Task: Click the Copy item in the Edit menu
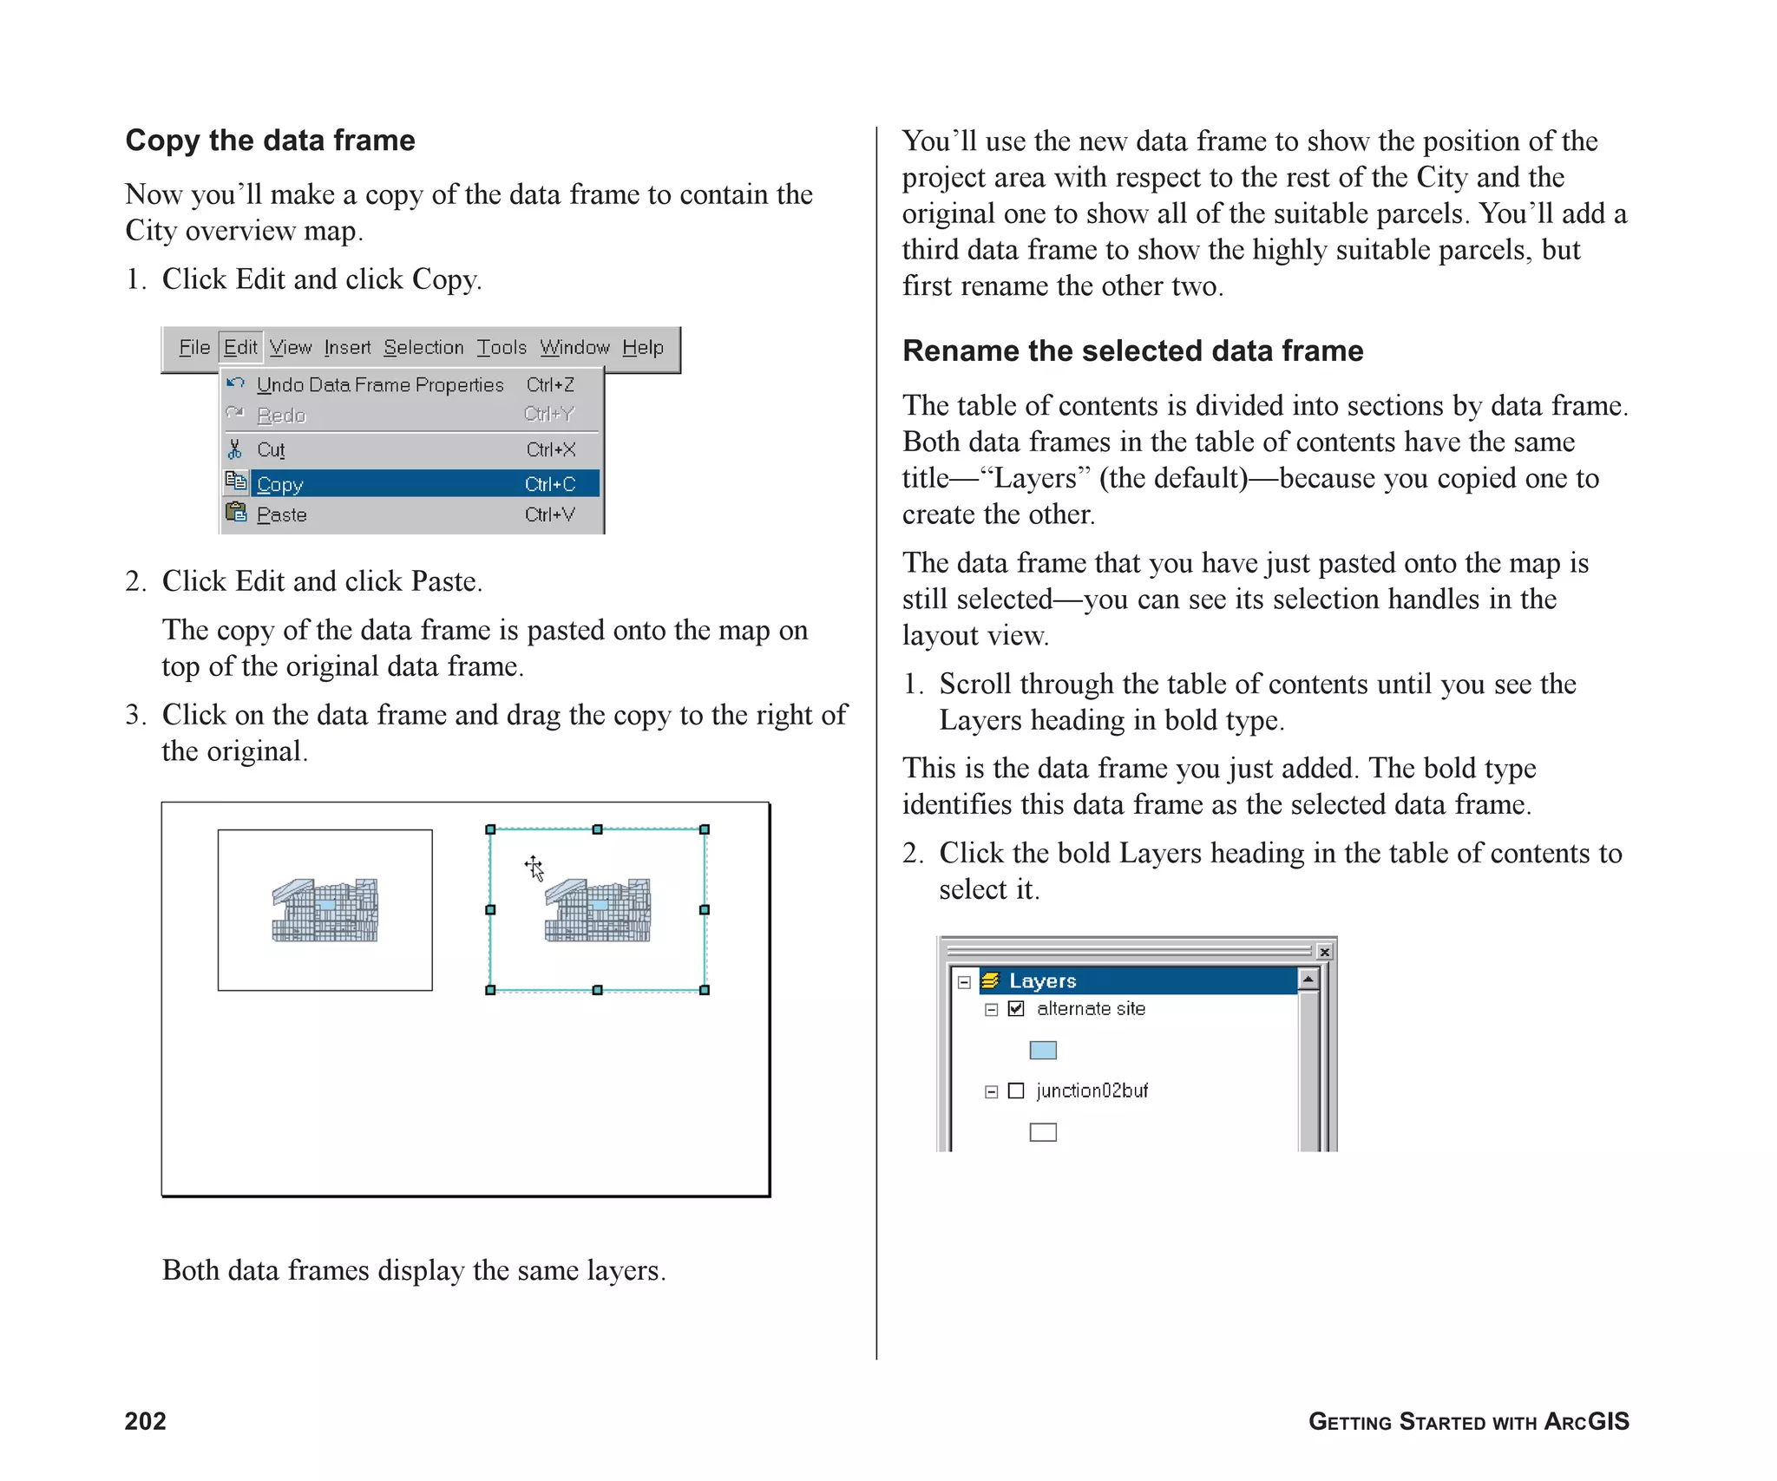(x=279, y=484)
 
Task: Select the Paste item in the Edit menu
(x=281, y=514)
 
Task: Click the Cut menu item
(x=270, y=449)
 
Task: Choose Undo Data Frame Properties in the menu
(x=379, y=384)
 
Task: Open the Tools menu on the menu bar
(x=502, y=347)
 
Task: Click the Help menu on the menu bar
(x=642, y=347)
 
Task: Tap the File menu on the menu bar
(x=193, y=347)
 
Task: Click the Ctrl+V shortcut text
(x=549, y=514)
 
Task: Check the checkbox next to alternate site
(x=1016, y=1008)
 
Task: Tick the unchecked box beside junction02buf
(x=1016, y=1091)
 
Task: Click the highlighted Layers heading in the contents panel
(x=1042, y=980)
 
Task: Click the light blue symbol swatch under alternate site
(x=1042, y=1050)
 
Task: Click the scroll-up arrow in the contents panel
(x=1308, y=980)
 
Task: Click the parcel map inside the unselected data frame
(x=325, y=910)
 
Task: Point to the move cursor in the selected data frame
(x=534, y=867)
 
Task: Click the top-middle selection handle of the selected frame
(x=597, y=829)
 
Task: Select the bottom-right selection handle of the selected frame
(x=704, y=990)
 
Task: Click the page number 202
(x=145, y=1420)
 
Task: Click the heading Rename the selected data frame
(x=1132, y=351)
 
